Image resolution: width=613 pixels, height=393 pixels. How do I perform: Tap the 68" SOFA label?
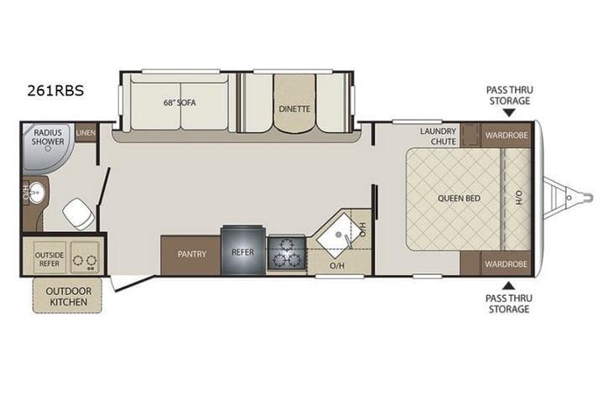tap(179, 105)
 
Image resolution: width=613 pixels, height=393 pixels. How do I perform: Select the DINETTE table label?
tap(294, 108)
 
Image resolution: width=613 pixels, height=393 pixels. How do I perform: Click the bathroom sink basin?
tap(36, 194)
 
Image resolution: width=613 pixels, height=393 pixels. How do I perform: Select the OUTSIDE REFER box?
tap(49, 258)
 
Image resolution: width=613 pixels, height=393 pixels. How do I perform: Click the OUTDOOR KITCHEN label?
tap(67, 294)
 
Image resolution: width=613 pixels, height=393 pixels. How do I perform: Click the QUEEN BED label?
tap(458, 199)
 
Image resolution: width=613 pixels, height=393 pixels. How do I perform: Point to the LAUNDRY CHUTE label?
tap(439, 136)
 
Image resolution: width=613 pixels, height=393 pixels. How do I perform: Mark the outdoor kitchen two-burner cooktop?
tap(85, 258)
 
